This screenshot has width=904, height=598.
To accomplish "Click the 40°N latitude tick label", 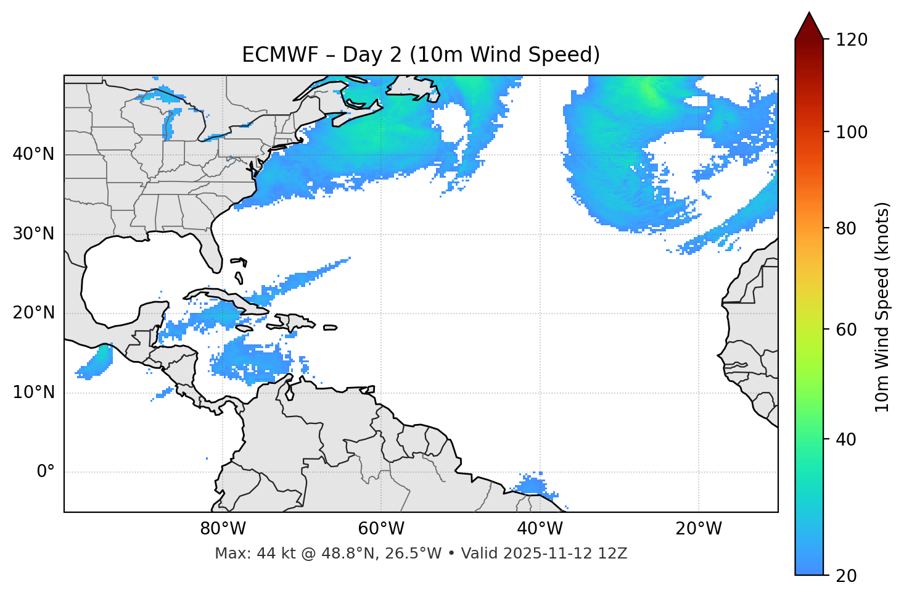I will [33, 154].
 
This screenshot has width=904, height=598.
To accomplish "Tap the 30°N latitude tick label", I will [33, 234].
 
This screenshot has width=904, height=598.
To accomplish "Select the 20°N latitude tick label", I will [33, 313].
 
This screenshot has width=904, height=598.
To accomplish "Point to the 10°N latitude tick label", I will [33, 392].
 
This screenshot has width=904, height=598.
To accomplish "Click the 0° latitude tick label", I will [46, 472].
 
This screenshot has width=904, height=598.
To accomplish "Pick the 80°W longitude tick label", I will [223, 529].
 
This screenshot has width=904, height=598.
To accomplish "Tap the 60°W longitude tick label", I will [381, 529].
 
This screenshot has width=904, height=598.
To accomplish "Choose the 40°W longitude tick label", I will [540, 529].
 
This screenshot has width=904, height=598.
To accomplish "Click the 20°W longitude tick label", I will [699, 529].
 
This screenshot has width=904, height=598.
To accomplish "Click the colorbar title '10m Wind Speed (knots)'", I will [882, 307].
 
